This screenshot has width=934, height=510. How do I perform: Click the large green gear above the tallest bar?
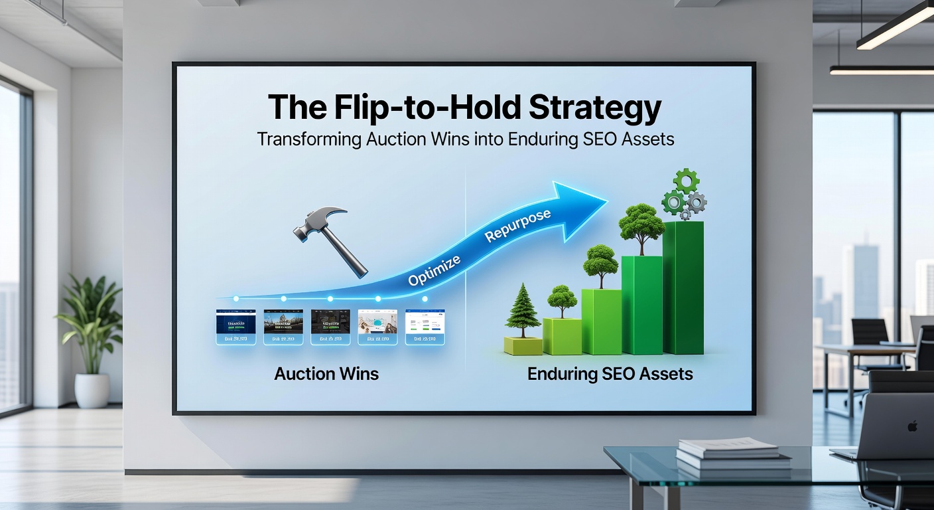[687, 181]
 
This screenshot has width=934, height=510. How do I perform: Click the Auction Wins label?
[326, 374]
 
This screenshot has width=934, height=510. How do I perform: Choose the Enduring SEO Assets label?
[610, 374]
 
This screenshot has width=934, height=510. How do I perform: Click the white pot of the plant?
[92, 390]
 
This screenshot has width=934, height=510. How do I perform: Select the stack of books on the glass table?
[733, 454]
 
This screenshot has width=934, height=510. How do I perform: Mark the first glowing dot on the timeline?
[235, 299]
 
